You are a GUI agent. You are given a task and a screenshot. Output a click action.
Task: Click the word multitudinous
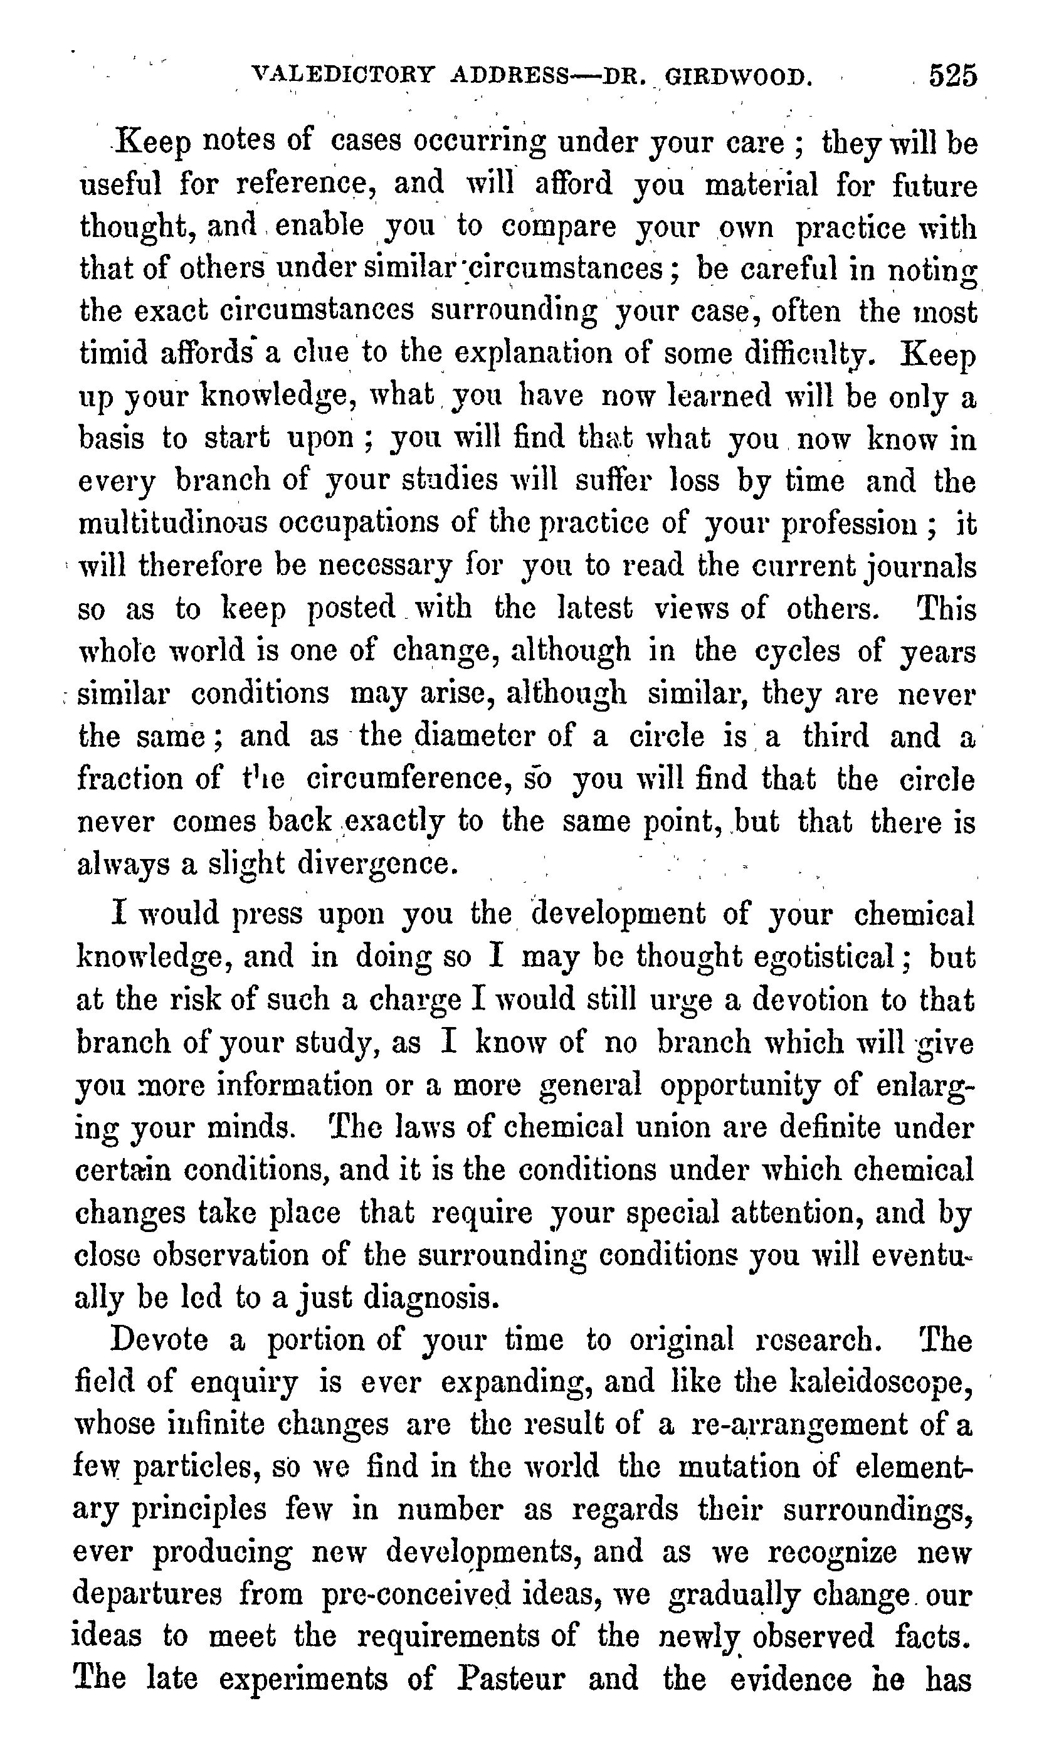click(172, 524)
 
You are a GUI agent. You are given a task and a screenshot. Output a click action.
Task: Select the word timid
click(112, 353)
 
